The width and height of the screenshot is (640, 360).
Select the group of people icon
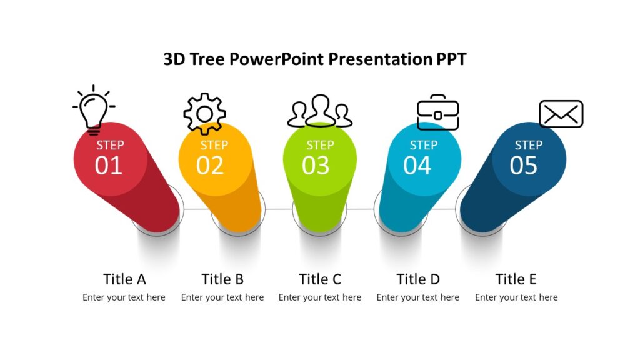(320, 111)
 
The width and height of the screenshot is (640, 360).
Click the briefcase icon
(437, 112)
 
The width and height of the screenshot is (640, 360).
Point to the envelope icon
(561, 114)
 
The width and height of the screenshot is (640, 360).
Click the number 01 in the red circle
(109, 166)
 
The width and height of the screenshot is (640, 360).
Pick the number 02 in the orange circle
(210, 166)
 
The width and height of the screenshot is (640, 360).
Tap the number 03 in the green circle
(316, 166)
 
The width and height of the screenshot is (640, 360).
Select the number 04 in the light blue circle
(417, 166)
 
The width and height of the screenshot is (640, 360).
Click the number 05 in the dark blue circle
(524, 166)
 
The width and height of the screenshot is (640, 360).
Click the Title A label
(124, 279)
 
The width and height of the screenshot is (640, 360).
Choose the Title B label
(222, 279)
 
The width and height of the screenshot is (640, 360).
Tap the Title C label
(320, 279)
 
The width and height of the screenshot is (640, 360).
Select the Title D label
(418, 279)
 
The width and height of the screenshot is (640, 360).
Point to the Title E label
(516, 279)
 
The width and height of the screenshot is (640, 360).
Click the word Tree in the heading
(207, 59)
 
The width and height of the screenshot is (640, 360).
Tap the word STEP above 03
(320, 145)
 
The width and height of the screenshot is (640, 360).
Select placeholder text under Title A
(124, 297)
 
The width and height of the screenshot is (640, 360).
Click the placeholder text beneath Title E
(516, 297)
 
